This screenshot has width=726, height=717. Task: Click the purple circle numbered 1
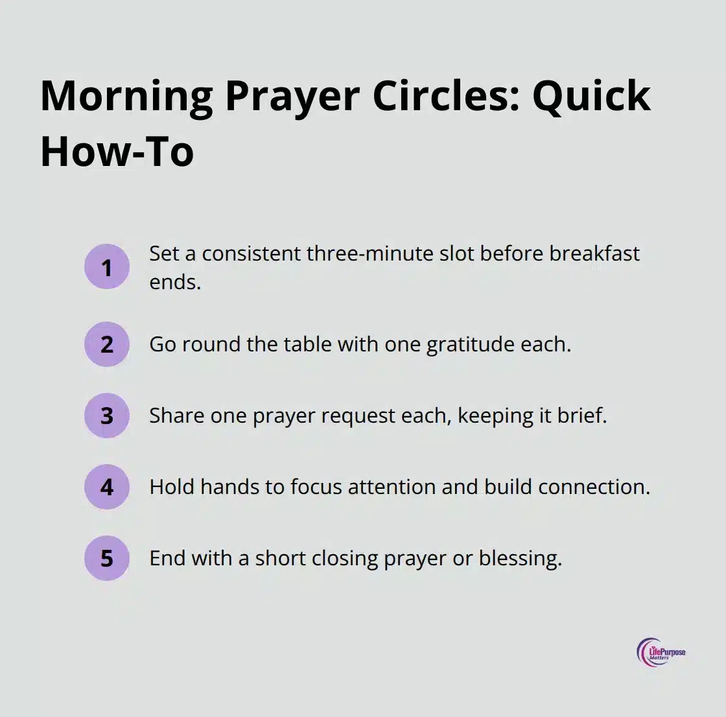click(107, 266)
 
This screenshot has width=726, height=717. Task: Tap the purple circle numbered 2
click(107, 344)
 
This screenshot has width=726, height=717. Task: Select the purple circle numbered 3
click(107, 416)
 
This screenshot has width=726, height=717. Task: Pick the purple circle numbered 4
click(107, 487)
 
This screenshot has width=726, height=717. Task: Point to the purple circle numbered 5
click(107, 558)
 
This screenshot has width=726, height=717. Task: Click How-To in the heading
click(117, 151)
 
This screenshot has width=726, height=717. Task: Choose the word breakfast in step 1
click(594, 253)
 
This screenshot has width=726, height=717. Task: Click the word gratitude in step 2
click(462, 344)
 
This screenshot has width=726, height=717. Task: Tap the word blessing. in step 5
click(520, 558)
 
